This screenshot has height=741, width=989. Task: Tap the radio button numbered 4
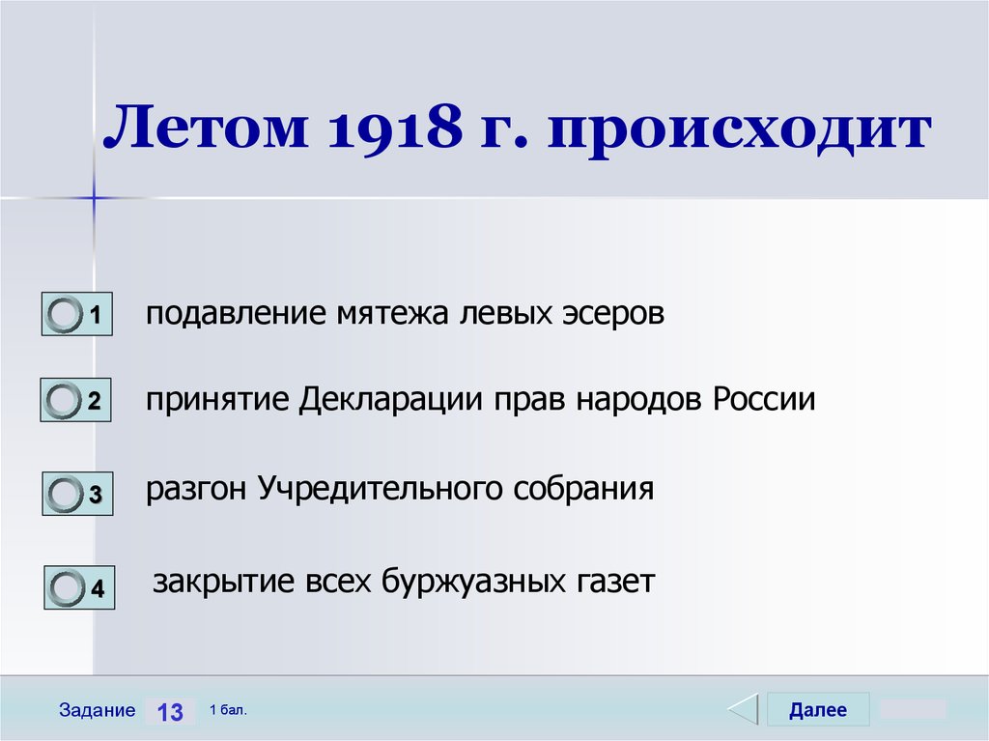tap(67, 587)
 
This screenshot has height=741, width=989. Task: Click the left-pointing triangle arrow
tap(743, 709)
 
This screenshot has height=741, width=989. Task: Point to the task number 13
tap(170, 712)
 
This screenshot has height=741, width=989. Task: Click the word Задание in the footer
tap(97, 710)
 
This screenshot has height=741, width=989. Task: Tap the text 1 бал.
tap(228, 710)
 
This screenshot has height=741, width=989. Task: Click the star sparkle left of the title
tap(95, 197)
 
